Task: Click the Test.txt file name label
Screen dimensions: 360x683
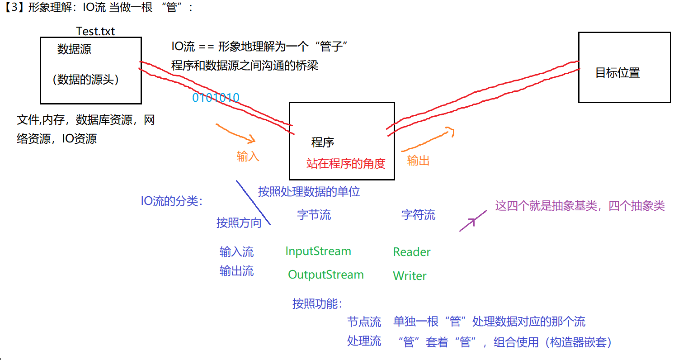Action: pos(95,31)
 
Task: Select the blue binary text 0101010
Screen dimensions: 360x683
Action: pos(216,98)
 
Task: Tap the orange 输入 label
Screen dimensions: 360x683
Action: pos(248,156)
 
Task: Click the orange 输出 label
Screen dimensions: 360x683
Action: pos(418,161)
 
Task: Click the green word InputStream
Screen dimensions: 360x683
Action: pos(318,251)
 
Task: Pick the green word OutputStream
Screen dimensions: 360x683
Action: pos(326,275)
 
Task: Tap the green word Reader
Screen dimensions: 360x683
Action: pos(412,252)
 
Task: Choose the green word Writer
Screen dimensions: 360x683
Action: pos(410,276)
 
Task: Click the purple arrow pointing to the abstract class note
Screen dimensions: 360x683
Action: pos(473,221)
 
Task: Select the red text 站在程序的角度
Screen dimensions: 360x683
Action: pos(346,164)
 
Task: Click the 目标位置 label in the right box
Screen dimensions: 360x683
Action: pos(617,73)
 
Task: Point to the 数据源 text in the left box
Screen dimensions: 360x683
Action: pos(74,49)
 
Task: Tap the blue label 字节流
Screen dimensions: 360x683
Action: pos(314,214)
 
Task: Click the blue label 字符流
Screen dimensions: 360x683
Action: pos(418,215)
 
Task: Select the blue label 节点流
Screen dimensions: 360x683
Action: pos(364,322)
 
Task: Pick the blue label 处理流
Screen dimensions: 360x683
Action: pos(364,341)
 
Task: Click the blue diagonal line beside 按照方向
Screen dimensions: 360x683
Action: pos(253,203)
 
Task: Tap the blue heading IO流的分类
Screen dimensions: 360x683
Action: pos(172,201)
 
